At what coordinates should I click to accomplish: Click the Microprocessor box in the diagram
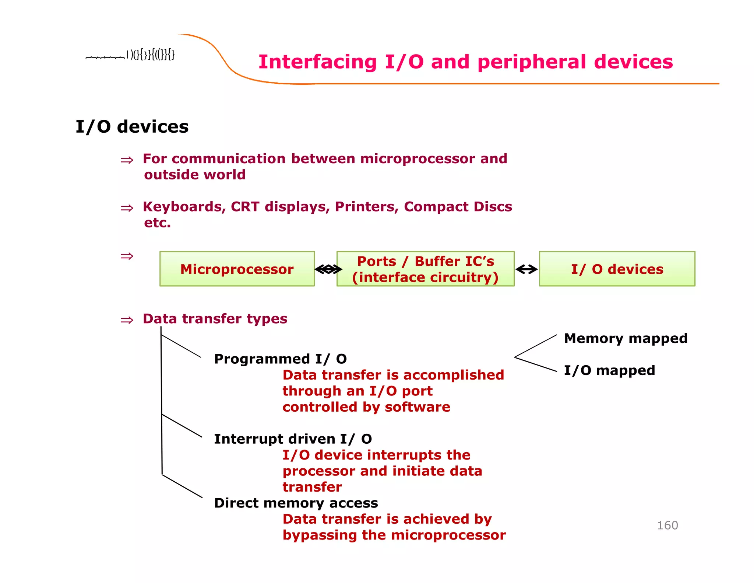[x=237, y=269]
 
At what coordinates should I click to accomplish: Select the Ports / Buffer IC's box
[x=425, y=269]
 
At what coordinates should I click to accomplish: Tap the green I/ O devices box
[x=617, y=269]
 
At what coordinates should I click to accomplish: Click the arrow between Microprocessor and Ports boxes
[x=328, y=269]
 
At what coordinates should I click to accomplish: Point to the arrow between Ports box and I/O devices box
[x=526, y=269]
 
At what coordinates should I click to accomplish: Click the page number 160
[x=667, y=525]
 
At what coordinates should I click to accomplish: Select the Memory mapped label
[x=626, y=338]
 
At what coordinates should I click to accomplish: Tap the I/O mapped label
[x=609, y=370]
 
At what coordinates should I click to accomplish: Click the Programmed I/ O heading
[x=280, y=359]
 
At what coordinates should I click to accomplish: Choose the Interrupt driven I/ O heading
[x=293, y=439]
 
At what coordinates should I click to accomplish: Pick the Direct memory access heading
[x=296, y=503]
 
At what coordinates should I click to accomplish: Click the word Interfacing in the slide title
[x=317, y=62]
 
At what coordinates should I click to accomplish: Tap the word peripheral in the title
[x=531, y=62]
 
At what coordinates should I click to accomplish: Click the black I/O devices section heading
[x=132, y=127]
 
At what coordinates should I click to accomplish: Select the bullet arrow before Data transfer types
[x=127, y=320]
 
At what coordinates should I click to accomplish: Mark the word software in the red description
[x=417, y=407]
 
